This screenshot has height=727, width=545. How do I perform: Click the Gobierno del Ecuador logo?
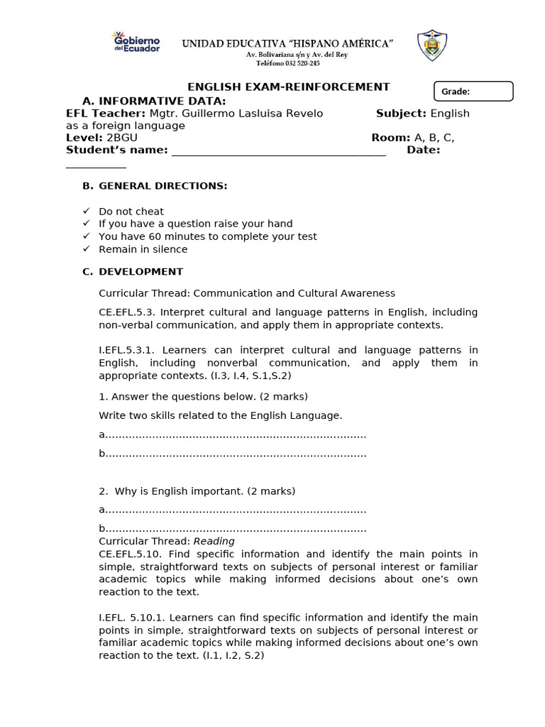(x=136, y=43)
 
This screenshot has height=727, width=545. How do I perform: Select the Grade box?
(x=473, y=91)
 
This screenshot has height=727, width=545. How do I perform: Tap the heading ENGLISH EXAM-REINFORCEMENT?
(x=288, y=87)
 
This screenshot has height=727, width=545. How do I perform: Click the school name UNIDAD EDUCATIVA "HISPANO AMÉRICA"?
(x=287, y=44)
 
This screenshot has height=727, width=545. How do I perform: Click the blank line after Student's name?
(x=278, y=151)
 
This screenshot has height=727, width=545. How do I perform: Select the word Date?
(x=423, y=150)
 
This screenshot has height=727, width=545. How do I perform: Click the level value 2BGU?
(x=121, y=138)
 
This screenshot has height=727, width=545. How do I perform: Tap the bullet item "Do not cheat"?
(x=131, y=212)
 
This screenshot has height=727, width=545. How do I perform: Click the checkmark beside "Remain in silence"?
(x=87, y=249)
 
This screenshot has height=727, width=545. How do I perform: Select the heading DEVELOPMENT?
(x=141, y=272)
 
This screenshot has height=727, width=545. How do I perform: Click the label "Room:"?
(x=390, y=138)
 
